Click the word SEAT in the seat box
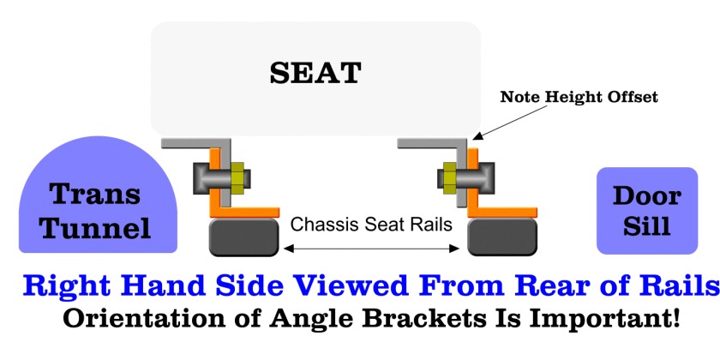click(315, 72)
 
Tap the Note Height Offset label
click(579, 97)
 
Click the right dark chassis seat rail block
click(501, 237)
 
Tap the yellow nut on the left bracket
click(237, 177)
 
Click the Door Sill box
click(647, 211)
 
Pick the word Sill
click(647, 225)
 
